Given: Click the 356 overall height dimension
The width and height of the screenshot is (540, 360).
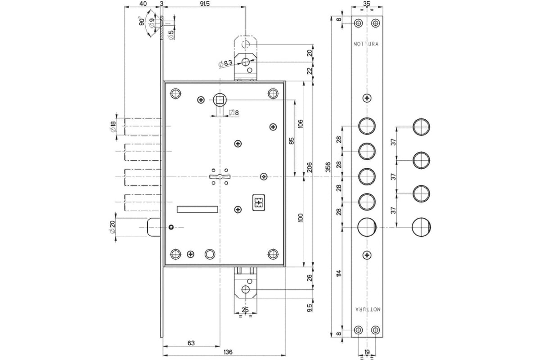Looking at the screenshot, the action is pos(328,167).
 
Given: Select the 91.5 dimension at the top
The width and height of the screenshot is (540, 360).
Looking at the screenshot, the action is pos(205,4).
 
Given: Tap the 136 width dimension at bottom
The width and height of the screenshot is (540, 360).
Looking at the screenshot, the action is pos(228,352).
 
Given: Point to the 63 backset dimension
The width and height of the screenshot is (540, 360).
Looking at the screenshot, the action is pos(191,342).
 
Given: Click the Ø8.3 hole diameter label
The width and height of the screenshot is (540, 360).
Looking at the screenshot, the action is pos(225,63).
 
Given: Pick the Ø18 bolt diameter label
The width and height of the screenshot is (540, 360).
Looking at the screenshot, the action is pos(113,126).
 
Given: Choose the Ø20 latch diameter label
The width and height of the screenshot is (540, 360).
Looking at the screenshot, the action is pos(112,227).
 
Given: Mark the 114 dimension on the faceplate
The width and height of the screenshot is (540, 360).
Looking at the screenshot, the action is pos(339,273).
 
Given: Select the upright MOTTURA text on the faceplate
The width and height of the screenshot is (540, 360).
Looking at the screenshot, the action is pos(366,44).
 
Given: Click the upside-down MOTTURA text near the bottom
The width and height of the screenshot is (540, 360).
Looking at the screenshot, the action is pos(368,309).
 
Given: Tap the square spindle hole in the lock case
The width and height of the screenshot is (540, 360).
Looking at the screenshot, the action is pos(220,99).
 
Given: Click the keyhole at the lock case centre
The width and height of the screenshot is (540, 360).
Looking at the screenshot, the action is pos(220,177).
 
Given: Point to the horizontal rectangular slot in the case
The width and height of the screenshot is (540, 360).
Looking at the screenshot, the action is pos(198,209).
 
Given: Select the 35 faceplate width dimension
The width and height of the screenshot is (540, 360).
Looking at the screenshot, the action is pos(366,4).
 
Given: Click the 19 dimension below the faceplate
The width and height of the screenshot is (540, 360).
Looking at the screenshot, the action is pos(367,352).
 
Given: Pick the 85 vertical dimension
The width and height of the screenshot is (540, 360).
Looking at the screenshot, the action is pos(291,141).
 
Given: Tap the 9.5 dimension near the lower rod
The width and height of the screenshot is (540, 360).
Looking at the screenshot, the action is pos(310,308).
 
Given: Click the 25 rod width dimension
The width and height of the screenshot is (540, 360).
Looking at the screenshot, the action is pos(245,310).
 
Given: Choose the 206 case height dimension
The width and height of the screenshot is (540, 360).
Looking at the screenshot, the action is pos(310,167).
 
